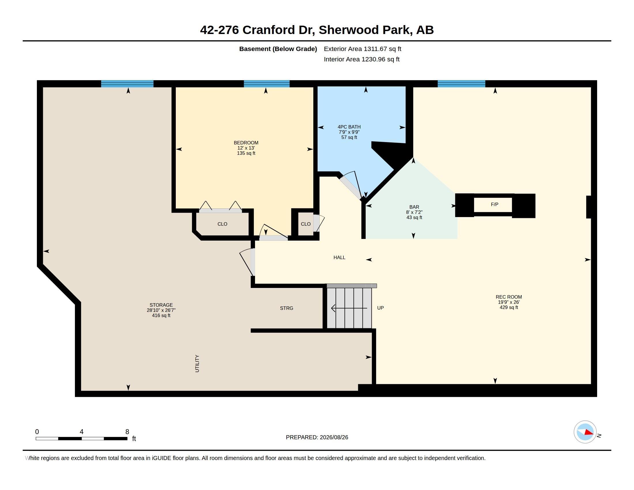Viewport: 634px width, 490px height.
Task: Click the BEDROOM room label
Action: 246,143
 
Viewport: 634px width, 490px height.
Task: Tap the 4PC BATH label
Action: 349,127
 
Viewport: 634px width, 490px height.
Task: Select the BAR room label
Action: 414,207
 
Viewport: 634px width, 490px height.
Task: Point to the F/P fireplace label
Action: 494,204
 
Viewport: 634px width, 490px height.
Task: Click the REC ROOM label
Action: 509,297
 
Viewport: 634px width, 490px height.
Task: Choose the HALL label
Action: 339,257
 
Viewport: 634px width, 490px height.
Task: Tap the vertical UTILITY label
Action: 197,363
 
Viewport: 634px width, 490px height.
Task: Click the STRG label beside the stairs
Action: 286,308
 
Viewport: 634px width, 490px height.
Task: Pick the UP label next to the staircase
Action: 380,308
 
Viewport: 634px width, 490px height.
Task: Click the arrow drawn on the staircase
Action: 349,308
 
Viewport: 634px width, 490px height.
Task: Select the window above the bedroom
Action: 267,84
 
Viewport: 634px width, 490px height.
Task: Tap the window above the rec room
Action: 461,84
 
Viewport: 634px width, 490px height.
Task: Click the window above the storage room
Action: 127,84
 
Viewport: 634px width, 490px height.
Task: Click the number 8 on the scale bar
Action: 127,432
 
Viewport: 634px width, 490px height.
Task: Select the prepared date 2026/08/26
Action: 334,437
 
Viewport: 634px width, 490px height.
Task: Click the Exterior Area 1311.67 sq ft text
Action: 362,49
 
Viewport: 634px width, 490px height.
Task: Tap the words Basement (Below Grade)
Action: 278,49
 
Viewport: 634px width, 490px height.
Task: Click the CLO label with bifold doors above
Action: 222,224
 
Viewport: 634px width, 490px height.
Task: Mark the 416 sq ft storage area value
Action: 161,316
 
